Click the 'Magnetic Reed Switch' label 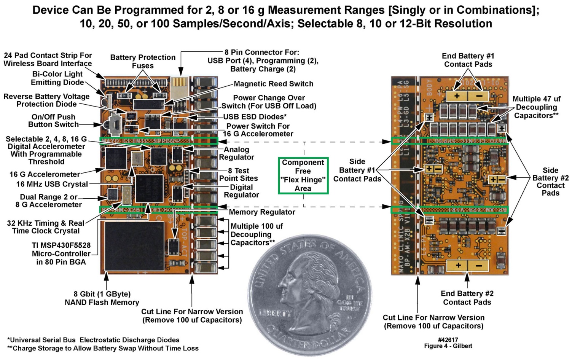[273, 84]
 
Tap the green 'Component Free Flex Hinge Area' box [303, 175]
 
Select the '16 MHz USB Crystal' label [52, 184]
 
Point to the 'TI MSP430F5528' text [61, 245]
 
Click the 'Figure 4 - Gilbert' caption [448, 346]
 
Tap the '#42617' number [448, 339]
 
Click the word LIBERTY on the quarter [276, 314]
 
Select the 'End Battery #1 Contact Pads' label [468, 60]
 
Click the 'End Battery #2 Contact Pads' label [467, 298]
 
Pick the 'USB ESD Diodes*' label [255, 117]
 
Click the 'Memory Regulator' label [262, 212]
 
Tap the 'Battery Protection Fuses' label [143, 61]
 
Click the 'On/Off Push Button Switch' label [53, 121]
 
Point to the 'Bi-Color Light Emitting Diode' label [57, 78]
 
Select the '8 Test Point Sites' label [239, 174]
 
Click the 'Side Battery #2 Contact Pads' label [550, 182]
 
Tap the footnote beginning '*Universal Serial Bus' [93, 340]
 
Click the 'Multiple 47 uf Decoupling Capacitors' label [536, 107]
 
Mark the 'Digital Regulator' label [241, 191]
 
